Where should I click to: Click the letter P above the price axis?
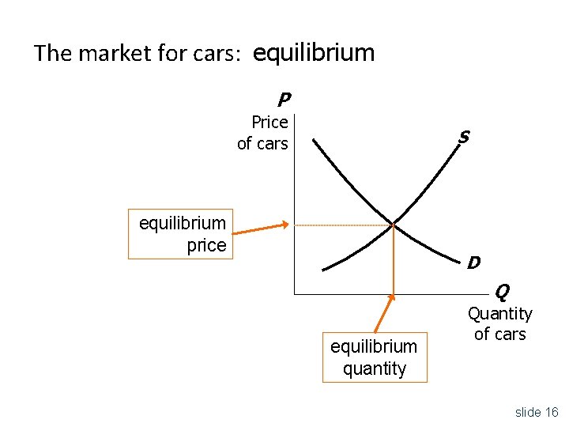pos(284,100)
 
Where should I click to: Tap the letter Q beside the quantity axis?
pos(502,293)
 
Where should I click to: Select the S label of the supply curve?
pos(464,138)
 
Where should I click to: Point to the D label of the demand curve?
pos(473,262)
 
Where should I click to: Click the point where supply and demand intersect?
pos(394,225)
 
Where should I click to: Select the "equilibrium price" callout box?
pos(181,234)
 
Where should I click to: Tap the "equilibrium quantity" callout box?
pos(375,357)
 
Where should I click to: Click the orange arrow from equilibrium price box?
pos(262,229)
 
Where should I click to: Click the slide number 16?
pos(551,412)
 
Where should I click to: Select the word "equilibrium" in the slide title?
pos(314,53)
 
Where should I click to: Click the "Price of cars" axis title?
pos(263,133)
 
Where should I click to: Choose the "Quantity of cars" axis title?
pos(500,324)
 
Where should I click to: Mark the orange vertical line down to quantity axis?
pos(394,261)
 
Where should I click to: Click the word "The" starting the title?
pos(51,54)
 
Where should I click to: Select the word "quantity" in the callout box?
pos(375,368)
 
